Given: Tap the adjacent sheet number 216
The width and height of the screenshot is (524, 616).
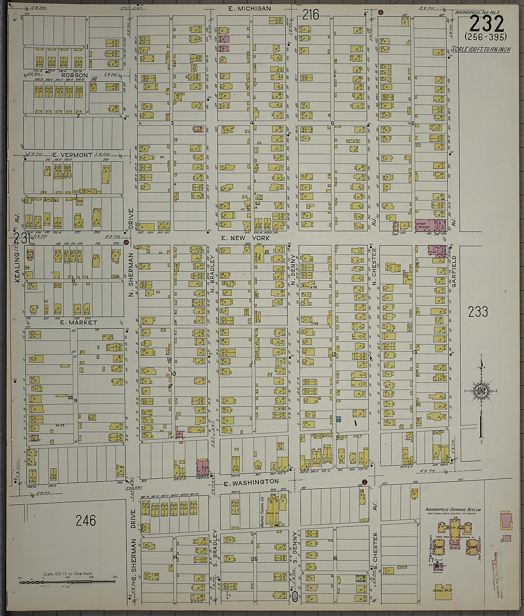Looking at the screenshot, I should click(x=311, y=15).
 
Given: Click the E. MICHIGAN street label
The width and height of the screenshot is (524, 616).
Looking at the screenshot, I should click(x=249, y=9).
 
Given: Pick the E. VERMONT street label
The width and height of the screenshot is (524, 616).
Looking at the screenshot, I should click(x=72, y=155).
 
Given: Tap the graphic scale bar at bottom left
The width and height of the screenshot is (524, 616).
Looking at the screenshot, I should click(x=68, y=582).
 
